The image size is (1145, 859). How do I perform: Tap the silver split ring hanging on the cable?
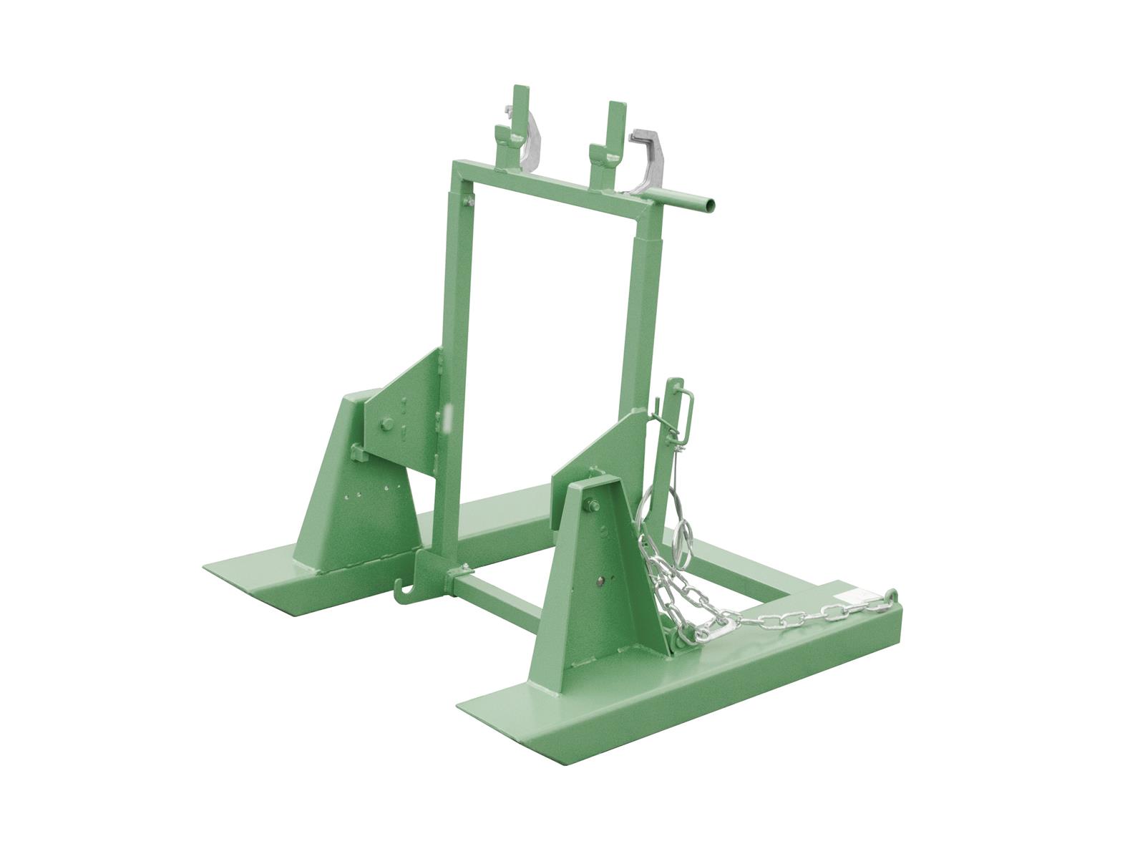pyautogui.click(x=686, y=534)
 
